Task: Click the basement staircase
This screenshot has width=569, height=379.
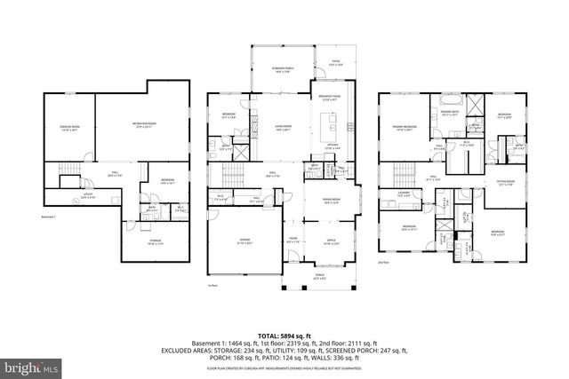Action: [67, 170]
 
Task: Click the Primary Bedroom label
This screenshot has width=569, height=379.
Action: [405, 128]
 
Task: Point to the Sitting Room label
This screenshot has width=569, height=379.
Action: [509, 184]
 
